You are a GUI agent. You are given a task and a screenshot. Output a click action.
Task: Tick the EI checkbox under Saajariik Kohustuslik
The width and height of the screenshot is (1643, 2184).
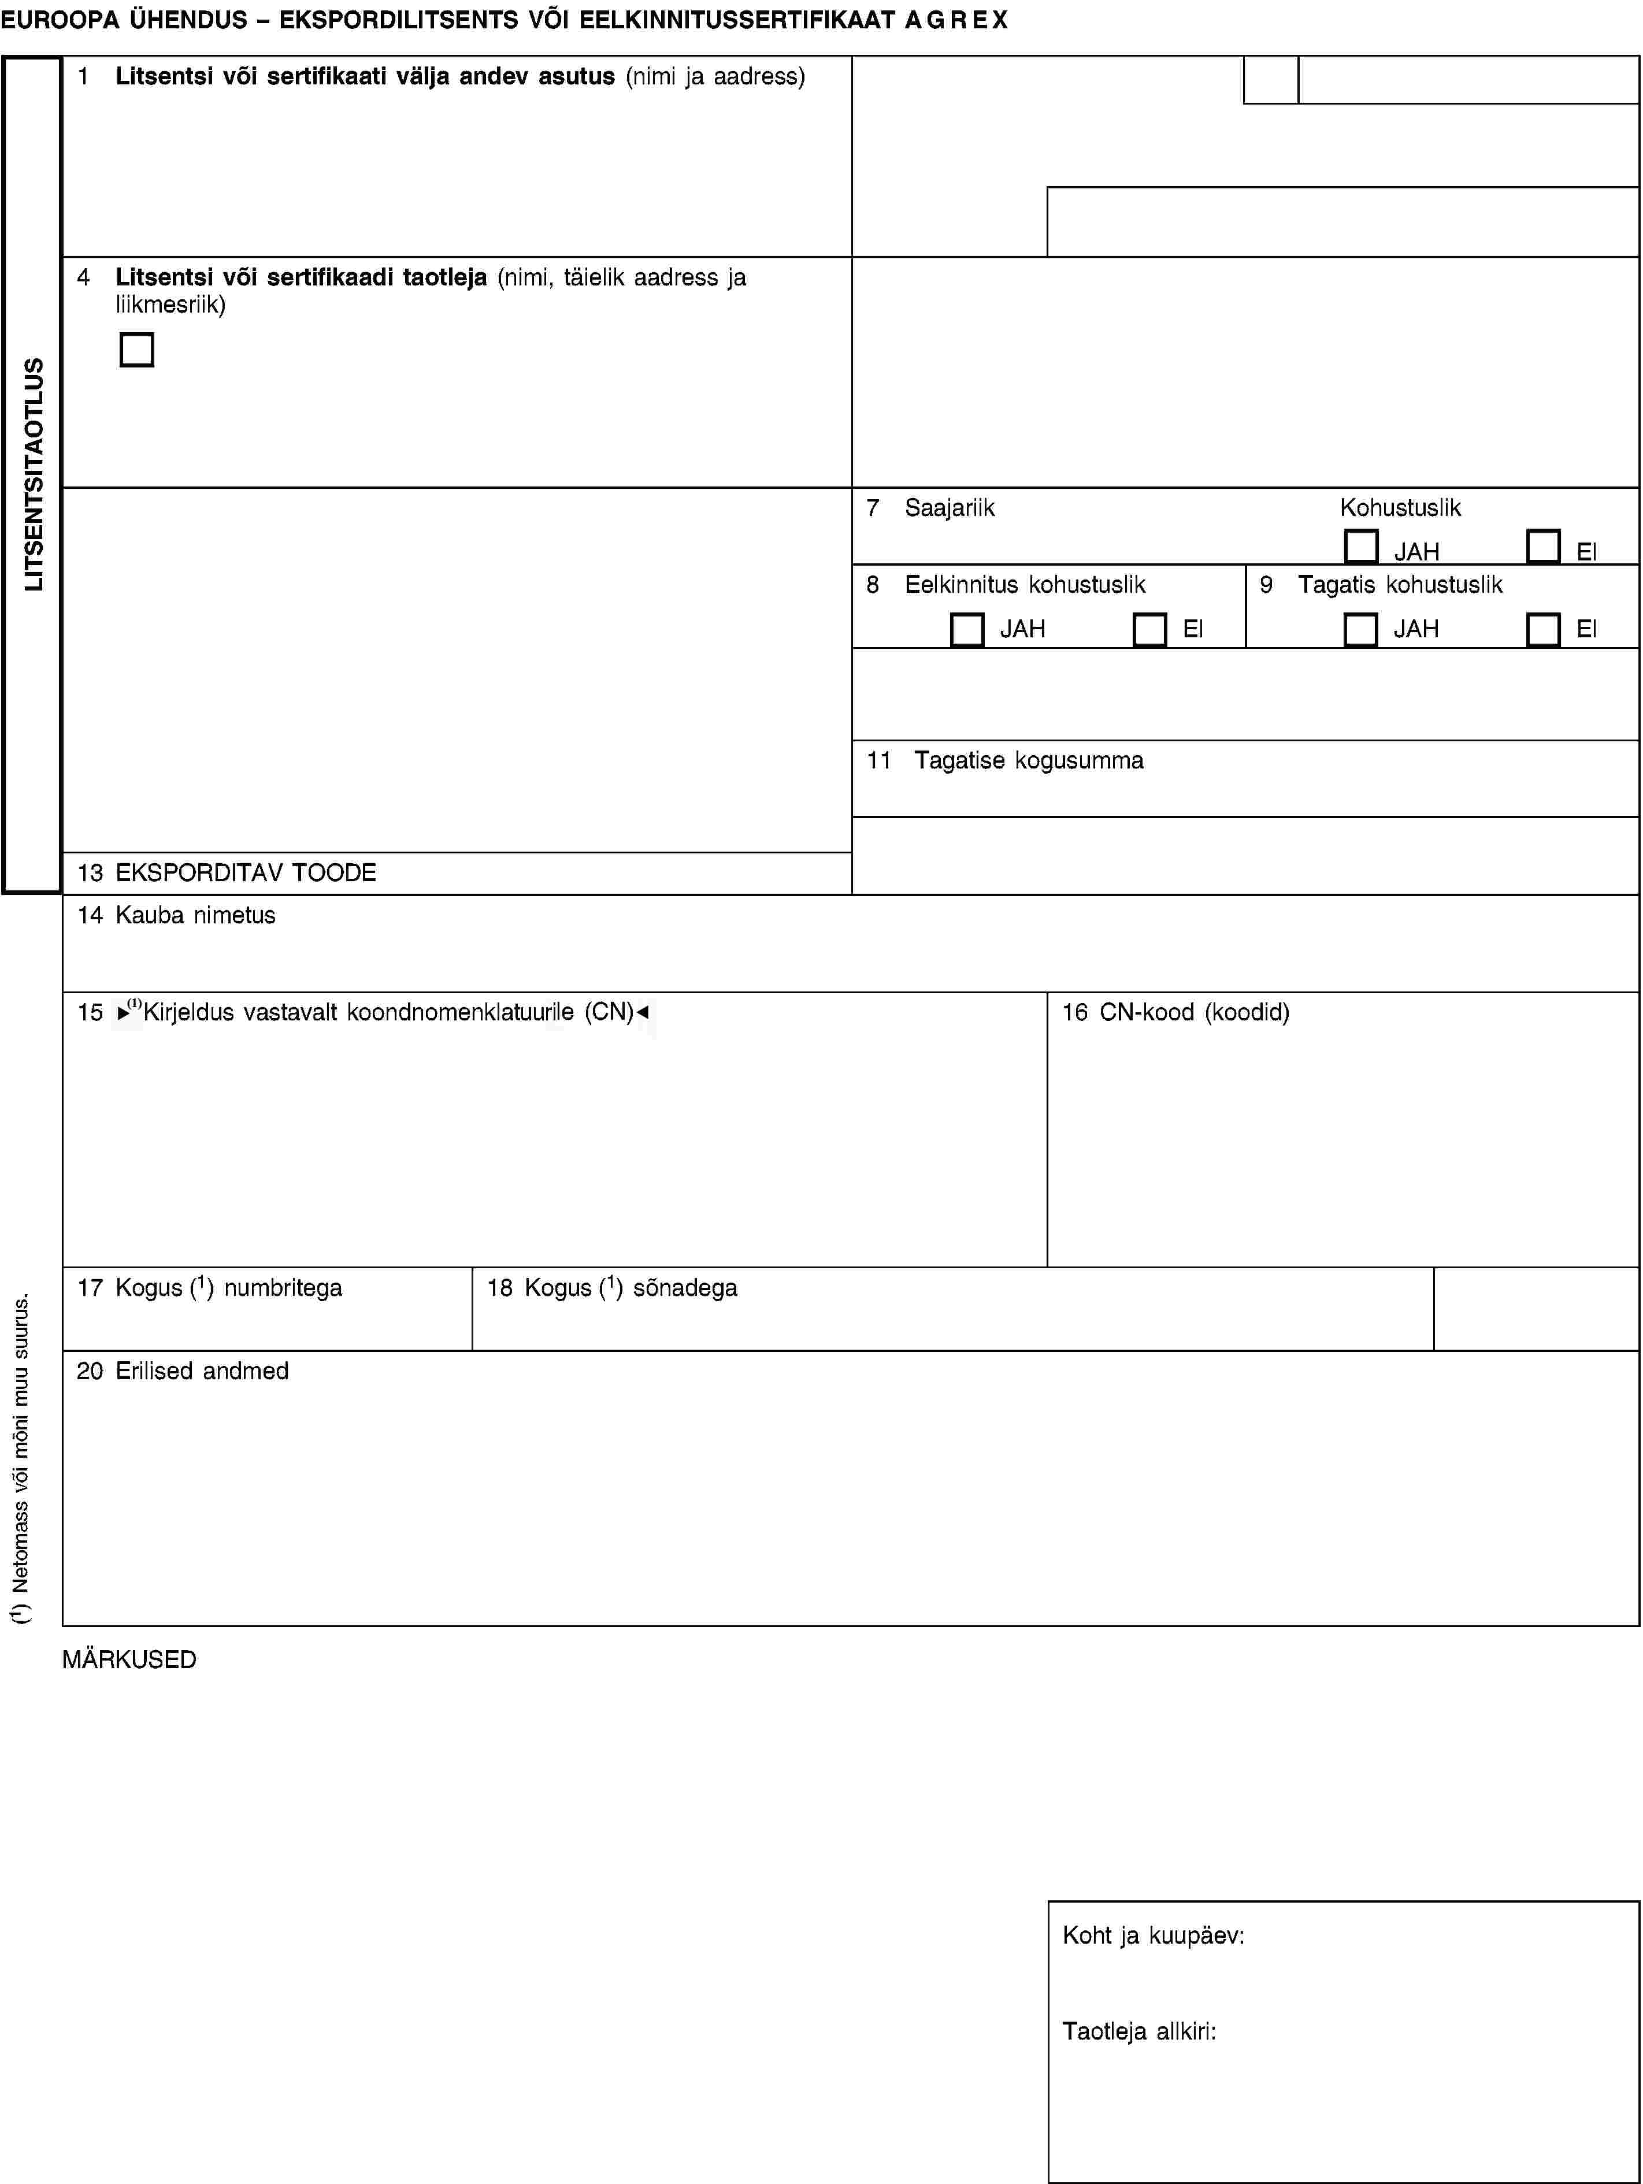(1542, 546)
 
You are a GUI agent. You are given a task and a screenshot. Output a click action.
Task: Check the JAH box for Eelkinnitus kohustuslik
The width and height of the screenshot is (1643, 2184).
(967, 630)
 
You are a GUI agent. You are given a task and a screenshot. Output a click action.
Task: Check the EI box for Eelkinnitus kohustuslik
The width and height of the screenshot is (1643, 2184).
(1149, 630)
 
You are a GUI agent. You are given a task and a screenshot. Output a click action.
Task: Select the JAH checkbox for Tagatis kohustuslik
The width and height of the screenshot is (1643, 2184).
(1360, 630)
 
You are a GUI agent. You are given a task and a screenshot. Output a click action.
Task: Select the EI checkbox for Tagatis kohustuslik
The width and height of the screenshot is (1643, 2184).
(1542, 630)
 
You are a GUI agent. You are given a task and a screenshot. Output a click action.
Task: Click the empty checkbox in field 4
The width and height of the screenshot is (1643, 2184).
(136, 350)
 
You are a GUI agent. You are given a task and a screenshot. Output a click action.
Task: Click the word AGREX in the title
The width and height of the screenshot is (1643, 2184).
(956, 20)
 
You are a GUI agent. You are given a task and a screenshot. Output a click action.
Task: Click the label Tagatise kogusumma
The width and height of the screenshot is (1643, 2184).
(1028, 760)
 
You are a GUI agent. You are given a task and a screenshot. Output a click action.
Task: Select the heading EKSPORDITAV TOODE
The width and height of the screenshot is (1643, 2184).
(245, 873)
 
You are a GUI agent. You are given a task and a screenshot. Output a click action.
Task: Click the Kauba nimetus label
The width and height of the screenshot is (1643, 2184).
(195, 915)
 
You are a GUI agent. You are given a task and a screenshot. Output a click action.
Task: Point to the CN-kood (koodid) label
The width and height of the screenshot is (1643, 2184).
(1194, 1012)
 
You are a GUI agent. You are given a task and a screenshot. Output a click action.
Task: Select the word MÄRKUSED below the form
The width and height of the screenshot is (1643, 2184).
(129, 1660)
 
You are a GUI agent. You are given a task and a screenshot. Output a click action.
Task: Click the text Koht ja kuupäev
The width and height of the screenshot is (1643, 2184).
(1152, 1935)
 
